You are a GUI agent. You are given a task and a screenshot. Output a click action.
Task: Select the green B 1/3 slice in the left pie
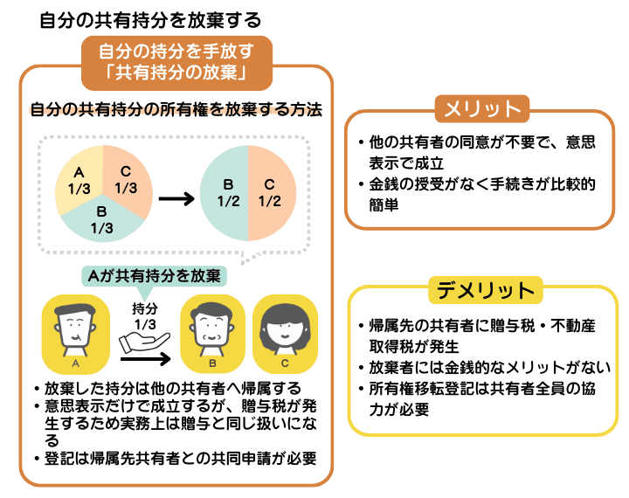pos(102,218)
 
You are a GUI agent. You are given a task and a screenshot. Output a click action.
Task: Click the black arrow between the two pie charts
pos(175,198)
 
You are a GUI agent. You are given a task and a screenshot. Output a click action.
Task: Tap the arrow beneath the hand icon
pos(144,356)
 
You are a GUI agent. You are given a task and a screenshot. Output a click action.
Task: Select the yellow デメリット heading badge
pos(482,289)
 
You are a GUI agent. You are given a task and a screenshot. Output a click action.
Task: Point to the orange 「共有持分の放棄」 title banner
pos(176,62)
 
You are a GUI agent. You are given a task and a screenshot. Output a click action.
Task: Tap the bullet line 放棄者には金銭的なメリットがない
pos(489,368)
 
